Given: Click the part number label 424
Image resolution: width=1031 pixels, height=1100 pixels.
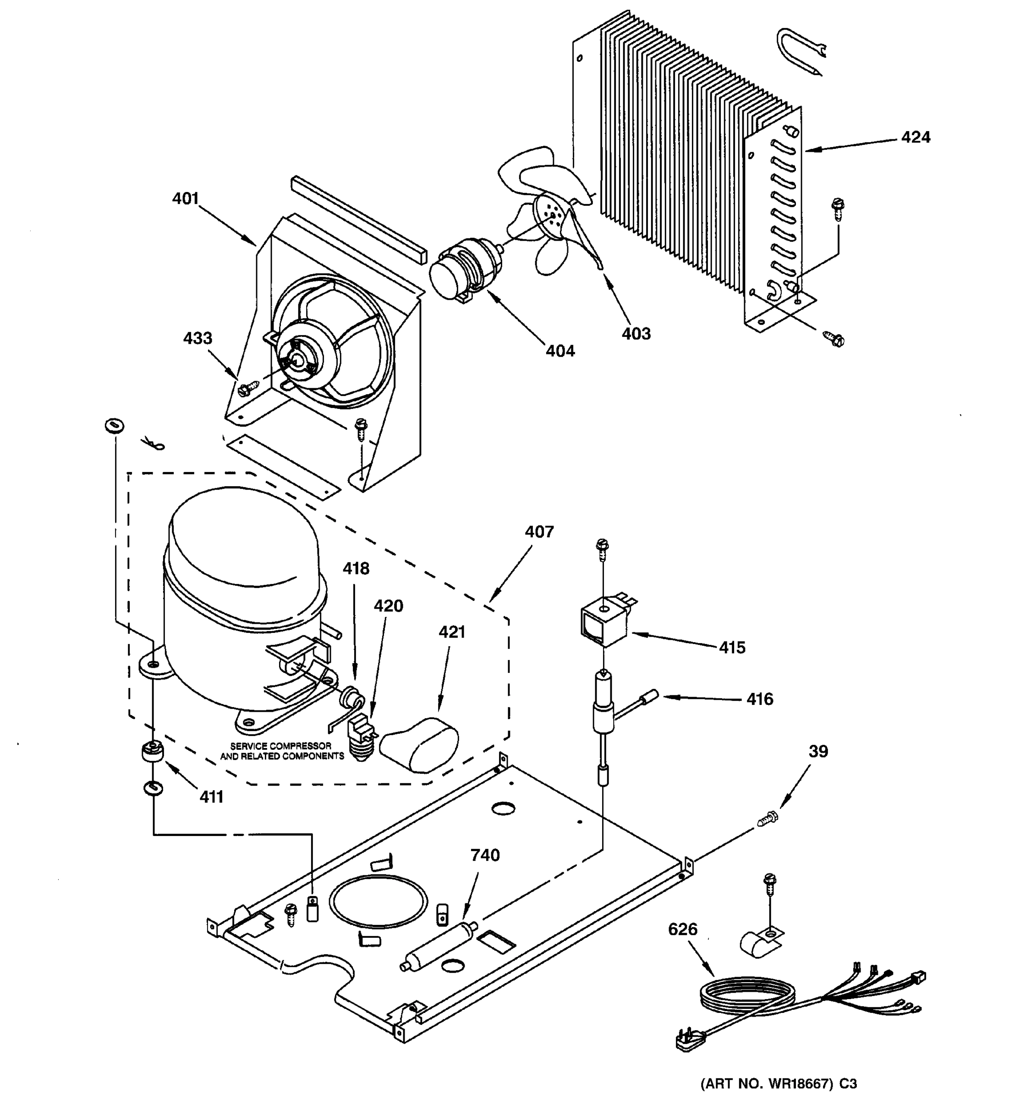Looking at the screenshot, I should click(x=916, y=137).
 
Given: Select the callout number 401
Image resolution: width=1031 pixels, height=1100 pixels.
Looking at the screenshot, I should click(x=185, y=198).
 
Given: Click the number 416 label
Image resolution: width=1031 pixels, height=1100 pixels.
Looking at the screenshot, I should click(x=759, y=699).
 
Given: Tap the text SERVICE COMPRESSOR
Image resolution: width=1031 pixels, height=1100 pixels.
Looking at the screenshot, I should click(x=281, y=746).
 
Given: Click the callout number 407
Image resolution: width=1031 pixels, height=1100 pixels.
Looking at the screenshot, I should click(x=539, y=532).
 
